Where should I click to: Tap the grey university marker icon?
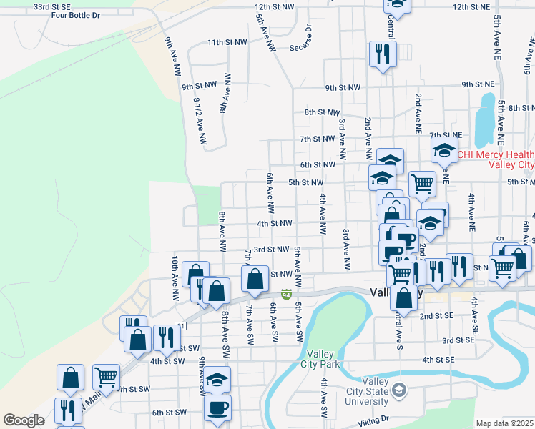tap(399, 390)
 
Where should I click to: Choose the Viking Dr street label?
tap(373, 420)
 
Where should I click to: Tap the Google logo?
tap(24, 420)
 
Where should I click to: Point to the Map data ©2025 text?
tap(505, 423)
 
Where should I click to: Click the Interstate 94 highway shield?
tap(286, 294)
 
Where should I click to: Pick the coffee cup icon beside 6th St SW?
tap(217, 407)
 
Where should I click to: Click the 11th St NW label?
tap(226, 43)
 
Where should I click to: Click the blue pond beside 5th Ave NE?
tap(486, 117)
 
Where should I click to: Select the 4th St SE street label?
tap(438, 359)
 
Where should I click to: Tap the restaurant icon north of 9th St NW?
tap(381, 54)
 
